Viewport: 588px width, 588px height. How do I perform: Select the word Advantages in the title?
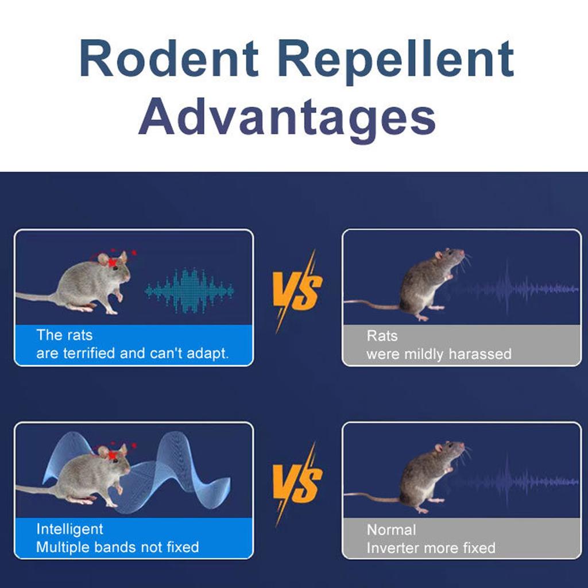click(287, 119)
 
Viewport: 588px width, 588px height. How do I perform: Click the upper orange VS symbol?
click(297, 292)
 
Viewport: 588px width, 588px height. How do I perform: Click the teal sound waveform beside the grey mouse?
click(189, 291)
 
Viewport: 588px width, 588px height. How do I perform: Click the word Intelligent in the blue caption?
click(69, 529)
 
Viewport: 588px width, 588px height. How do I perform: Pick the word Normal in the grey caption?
click(392, 530)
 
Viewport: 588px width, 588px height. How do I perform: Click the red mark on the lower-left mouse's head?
click(113, 455)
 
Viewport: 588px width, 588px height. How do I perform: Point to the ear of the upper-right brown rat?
click(439, 255)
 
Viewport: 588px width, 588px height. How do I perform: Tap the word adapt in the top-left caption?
click(207, 354)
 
